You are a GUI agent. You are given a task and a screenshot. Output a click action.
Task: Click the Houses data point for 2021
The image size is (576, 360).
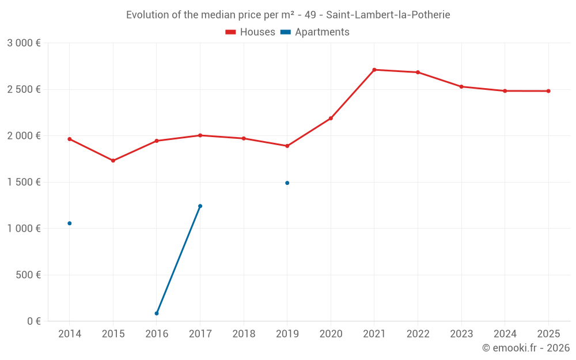(374, 70)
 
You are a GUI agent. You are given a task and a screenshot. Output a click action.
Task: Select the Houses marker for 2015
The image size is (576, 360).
(113, 161)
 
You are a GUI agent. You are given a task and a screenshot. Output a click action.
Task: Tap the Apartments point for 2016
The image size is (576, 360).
(157, 313)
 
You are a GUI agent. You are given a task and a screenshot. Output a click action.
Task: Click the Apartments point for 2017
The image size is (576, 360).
(200, 206)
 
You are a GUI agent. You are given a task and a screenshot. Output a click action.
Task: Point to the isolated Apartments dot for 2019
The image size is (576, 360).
(287, 183)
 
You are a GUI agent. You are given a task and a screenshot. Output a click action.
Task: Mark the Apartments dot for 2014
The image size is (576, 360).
(70, 223)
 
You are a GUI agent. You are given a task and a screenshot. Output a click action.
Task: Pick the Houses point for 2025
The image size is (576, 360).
(548, 91)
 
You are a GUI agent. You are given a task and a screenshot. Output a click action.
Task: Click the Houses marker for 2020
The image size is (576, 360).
(331, 118)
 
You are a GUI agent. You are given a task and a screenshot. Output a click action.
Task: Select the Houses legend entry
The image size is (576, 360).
(251, 32)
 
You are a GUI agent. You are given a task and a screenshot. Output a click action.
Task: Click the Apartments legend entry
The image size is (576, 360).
(316, 32)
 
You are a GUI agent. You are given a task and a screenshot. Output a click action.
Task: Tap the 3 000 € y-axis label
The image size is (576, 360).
(24, 43)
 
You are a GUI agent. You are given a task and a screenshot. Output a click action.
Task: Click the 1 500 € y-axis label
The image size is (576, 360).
(24, 182)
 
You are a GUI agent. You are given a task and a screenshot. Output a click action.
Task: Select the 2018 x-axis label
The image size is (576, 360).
(244, 334)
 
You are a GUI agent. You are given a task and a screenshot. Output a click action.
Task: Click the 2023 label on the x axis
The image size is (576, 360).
(461, 334)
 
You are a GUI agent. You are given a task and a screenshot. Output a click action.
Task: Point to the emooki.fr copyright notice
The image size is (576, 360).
(525, 348)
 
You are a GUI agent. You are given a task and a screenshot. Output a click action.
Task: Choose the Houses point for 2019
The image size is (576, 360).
(287, 146)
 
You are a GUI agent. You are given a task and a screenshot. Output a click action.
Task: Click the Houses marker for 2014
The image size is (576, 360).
(70, 139)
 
